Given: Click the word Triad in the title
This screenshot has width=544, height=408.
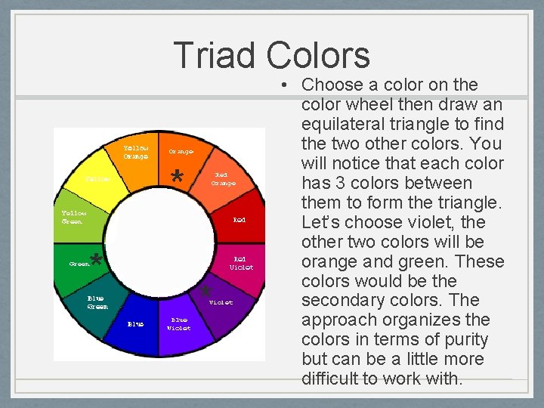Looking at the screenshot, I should point(216,55).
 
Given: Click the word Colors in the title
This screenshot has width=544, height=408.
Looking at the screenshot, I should point(317,55).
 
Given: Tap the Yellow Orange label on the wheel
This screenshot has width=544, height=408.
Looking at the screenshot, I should point(136,151).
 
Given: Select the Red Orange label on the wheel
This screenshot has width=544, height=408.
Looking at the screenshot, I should point(224,178).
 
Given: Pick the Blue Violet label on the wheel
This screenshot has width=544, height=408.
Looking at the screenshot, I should point(179,323).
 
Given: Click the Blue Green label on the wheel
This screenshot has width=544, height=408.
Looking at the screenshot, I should point(97,302).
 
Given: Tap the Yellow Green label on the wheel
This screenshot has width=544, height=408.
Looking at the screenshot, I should point(74,217).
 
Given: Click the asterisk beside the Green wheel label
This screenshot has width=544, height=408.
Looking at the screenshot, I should point(96,261).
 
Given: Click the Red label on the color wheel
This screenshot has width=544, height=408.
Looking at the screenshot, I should point(239,220).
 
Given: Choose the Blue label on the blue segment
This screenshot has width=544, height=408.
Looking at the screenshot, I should point(135,324).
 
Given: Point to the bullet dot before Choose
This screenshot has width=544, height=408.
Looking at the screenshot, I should point(289,85).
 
